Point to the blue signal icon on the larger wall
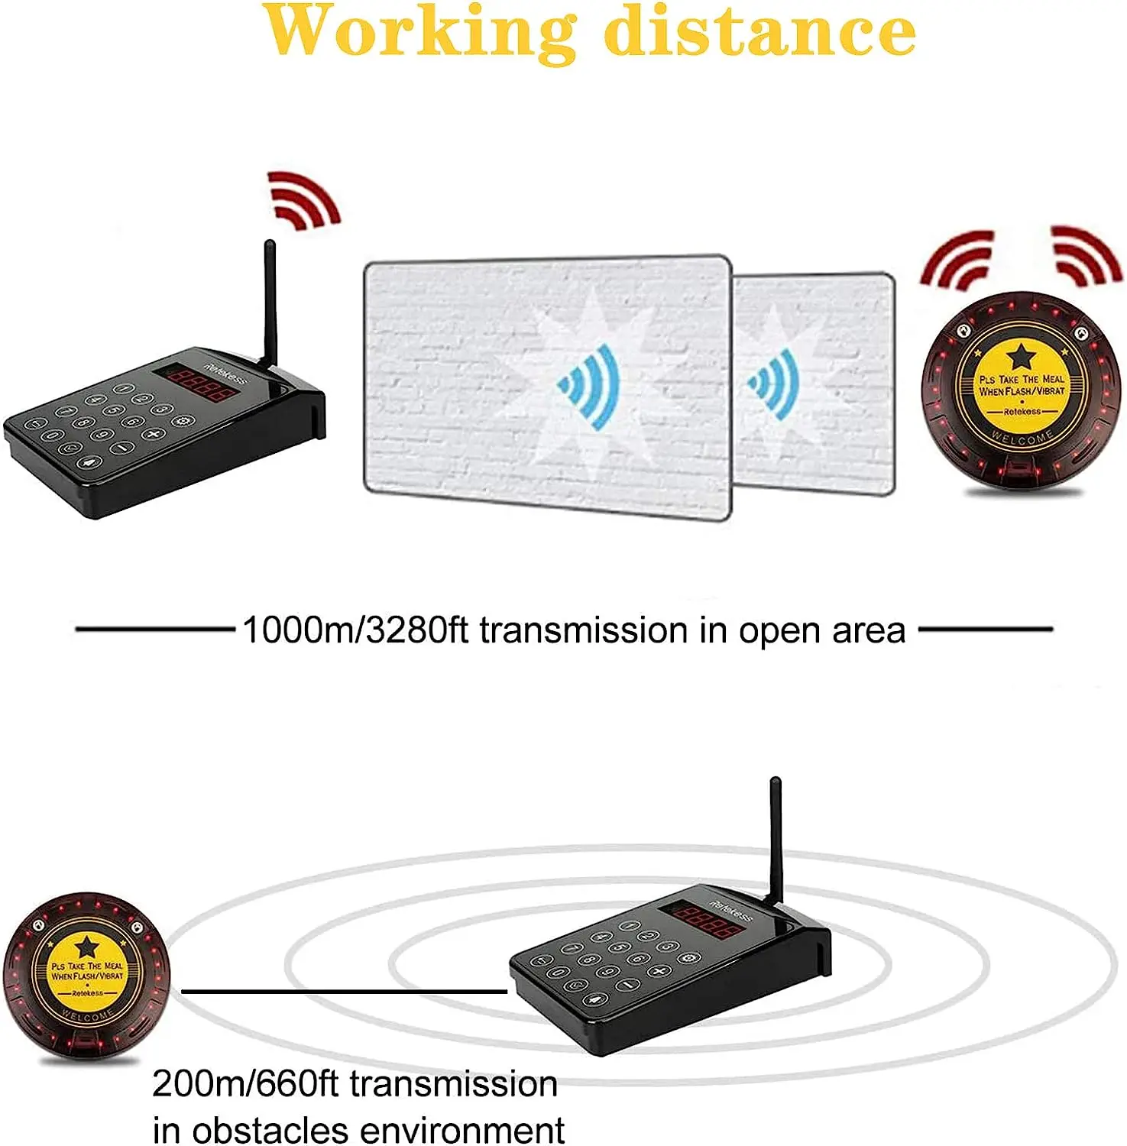click(x=590, y=386)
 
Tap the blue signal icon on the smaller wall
click(x=775, y=384)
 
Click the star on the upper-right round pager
click(x=1021, y=356)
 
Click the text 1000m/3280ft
click(x=355, y=631)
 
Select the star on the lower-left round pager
click(x=87, y=947)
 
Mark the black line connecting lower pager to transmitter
click(x=344, y=992)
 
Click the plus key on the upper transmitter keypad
click(x=154, y=434)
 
